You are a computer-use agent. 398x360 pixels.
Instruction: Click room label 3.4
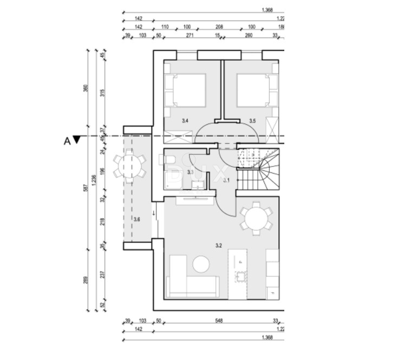(x=185, y=120)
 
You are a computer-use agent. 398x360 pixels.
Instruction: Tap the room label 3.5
(x=252, y=120)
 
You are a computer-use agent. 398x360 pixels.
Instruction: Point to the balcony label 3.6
(x=136, y=220)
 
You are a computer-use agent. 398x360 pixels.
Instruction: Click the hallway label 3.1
(x=226, y=180)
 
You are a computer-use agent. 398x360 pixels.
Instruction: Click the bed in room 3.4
(x=185, y=91)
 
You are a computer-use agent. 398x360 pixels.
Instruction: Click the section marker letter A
(x=67, y=141)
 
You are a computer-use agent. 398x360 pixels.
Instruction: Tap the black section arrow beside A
(x=77, y=140)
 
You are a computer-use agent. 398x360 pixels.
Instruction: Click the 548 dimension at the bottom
(x=219, y=321)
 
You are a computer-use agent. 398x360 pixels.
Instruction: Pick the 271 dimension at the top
(x=190, y=36)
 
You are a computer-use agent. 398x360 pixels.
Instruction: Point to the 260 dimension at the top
(x=249, y=36)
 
